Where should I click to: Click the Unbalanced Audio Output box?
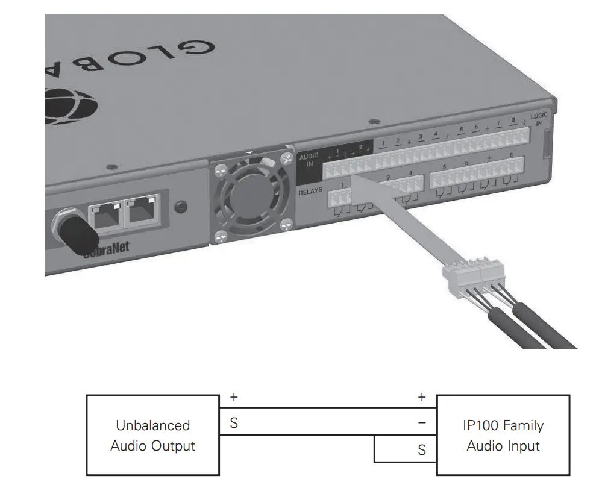(152, 435)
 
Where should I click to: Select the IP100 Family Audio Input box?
(503, 435)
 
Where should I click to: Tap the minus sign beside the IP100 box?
(422, 424)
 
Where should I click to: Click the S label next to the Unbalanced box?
(234, 424)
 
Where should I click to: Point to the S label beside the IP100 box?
(422, 450)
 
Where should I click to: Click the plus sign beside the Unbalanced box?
(234, 398)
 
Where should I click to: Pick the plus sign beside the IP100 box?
(422, 398)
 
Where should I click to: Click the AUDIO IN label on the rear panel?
(308, 160)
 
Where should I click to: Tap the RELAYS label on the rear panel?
(311, 192)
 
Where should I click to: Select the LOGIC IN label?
(539, 119)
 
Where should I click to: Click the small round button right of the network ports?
(179, 207)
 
